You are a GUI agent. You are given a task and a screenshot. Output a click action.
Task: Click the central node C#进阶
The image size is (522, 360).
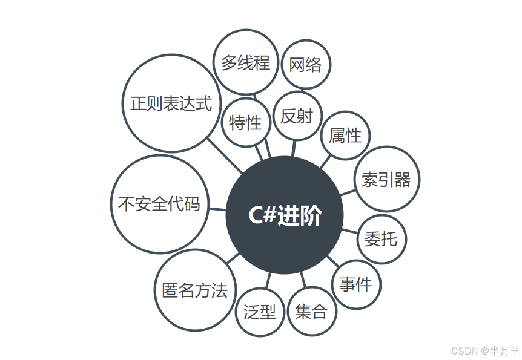click(285, 215)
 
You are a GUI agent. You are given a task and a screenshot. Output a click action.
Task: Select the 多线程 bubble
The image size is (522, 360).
click(245, 62)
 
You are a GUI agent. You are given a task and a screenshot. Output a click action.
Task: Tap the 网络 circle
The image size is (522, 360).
click(306, 65)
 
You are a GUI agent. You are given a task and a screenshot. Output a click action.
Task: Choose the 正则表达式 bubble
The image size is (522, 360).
click(171, 103)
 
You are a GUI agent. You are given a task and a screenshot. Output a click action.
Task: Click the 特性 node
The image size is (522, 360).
click(245, 123)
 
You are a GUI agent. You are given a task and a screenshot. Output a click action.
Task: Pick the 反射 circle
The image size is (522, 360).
click(297, 116)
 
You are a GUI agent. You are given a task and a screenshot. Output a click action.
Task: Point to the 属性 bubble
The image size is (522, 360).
click(345, 136)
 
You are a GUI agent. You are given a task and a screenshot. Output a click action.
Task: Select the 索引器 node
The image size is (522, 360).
click(386, 179)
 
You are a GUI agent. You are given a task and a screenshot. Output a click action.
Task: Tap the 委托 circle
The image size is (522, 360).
click(382, 239)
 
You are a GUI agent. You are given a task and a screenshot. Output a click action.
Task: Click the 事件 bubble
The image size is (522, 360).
click(356, 284)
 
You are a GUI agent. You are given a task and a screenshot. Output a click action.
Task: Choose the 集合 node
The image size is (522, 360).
click(311, 312)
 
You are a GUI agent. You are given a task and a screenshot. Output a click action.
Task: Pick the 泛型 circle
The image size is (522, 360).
click(259, 312)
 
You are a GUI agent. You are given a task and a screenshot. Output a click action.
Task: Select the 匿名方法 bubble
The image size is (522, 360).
click(195, 290)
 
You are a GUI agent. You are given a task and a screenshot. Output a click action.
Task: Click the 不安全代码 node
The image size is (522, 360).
click(159, 205)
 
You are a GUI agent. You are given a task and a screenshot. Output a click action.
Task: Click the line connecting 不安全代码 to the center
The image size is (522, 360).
click(217, 209)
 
